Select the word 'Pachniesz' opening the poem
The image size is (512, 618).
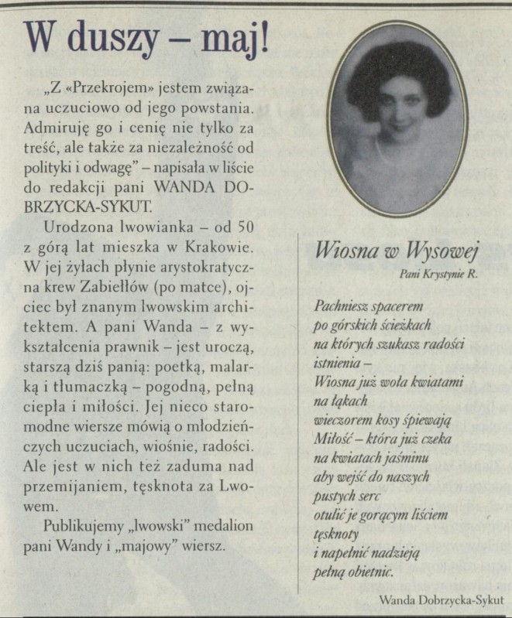pyautogui.click(x=342, y=307)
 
